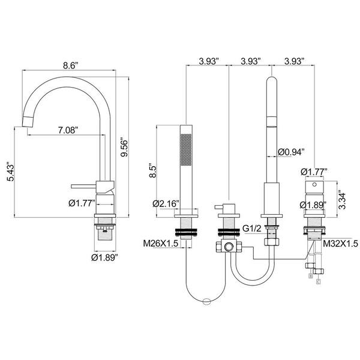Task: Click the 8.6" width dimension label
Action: point(71,65)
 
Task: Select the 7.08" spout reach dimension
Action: point(68,130)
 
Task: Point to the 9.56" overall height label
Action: point(124,147)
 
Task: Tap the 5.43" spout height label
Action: point(11,172)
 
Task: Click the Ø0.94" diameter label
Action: point(291,152)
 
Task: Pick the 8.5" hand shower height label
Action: point(152,170)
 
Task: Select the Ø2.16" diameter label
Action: point(166,203)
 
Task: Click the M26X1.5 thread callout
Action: point(160,244)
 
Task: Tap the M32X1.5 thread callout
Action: point(340,244)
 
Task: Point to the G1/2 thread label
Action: point(252,229)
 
